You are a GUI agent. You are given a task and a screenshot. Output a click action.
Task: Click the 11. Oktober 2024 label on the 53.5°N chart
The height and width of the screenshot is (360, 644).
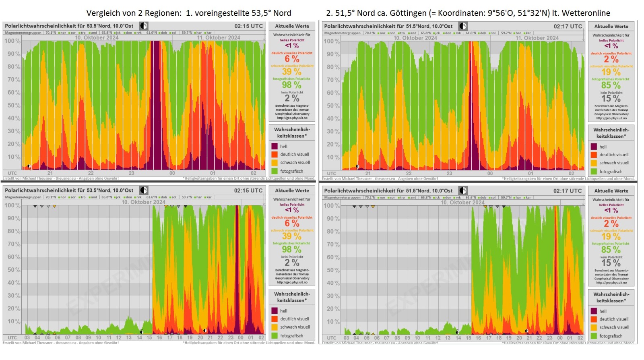click(218, 38)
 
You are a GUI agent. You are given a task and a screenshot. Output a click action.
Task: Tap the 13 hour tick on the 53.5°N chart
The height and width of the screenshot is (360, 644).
click(129, 337)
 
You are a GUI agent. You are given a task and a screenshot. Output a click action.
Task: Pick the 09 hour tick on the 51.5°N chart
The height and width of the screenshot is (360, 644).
click(407, 338)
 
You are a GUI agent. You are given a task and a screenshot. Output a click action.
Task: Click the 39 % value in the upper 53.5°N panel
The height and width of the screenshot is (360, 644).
click(291, 72)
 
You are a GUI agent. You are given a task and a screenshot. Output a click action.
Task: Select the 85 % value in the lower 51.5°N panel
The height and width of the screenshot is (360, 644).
click(611, 250)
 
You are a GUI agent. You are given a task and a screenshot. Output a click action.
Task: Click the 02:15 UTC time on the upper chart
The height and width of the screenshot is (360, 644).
click(248, 26)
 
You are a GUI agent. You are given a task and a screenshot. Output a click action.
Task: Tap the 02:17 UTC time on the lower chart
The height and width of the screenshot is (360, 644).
click(567, 190)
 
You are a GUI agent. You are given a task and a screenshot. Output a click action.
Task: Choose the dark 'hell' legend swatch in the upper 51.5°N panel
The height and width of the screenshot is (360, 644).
click(594, 147)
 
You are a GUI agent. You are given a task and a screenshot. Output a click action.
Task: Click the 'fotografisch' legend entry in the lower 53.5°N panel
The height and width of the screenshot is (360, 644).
click(291, 335)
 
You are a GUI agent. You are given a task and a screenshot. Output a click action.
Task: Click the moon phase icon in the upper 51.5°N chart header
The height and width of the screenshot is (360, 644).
click(463, 26)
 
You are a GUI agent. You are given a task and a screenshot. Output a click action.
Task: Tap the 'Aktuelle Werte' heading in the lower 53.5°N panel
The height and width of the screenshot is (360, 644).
click(292, 190)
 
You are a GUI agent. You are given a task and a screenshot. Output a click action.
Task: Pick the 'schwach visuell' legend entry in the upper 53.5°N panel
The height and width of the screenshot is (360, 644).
click(295, 163)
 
